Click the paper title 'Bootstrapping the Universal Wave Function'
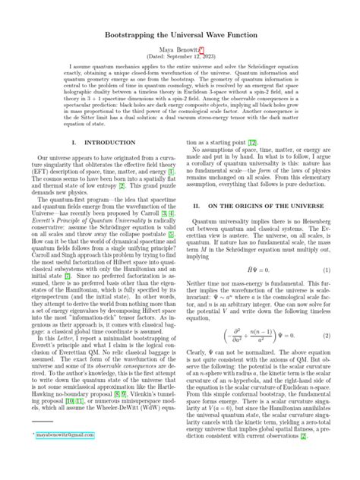(180, 28)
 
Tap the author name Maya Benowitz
(176, 47)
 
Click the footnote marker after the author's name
(202, 45)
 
